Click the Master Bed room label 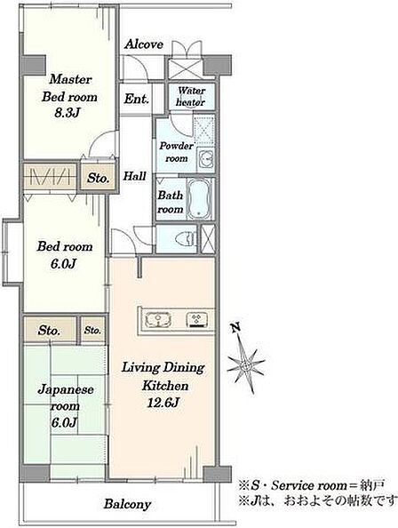pos(69,88)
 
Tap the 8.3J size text pos(67,113)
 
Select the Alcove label pos(144,44)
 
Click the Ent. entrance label pos(136,99)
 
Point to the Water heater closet pos(191,97)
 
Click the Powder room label pos(176,152)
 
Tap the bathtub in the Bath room pos(199,199)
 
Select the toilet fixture pos(186,239)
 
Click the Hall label pos(134,175)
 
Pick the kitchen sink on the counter pos(158,320)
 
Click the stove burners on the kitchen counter pos(198,320)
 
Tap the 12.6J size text pos(163,403)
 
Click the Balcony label pos(127,504)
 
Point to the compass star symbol pos(246,364)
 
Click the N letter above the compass pos(235,327)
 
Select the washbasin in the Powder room pos(205,157)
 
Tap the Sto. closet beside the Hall pos(98,178)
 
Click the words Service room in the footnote pos(309,485)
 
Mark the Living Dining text pos(163,367)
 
